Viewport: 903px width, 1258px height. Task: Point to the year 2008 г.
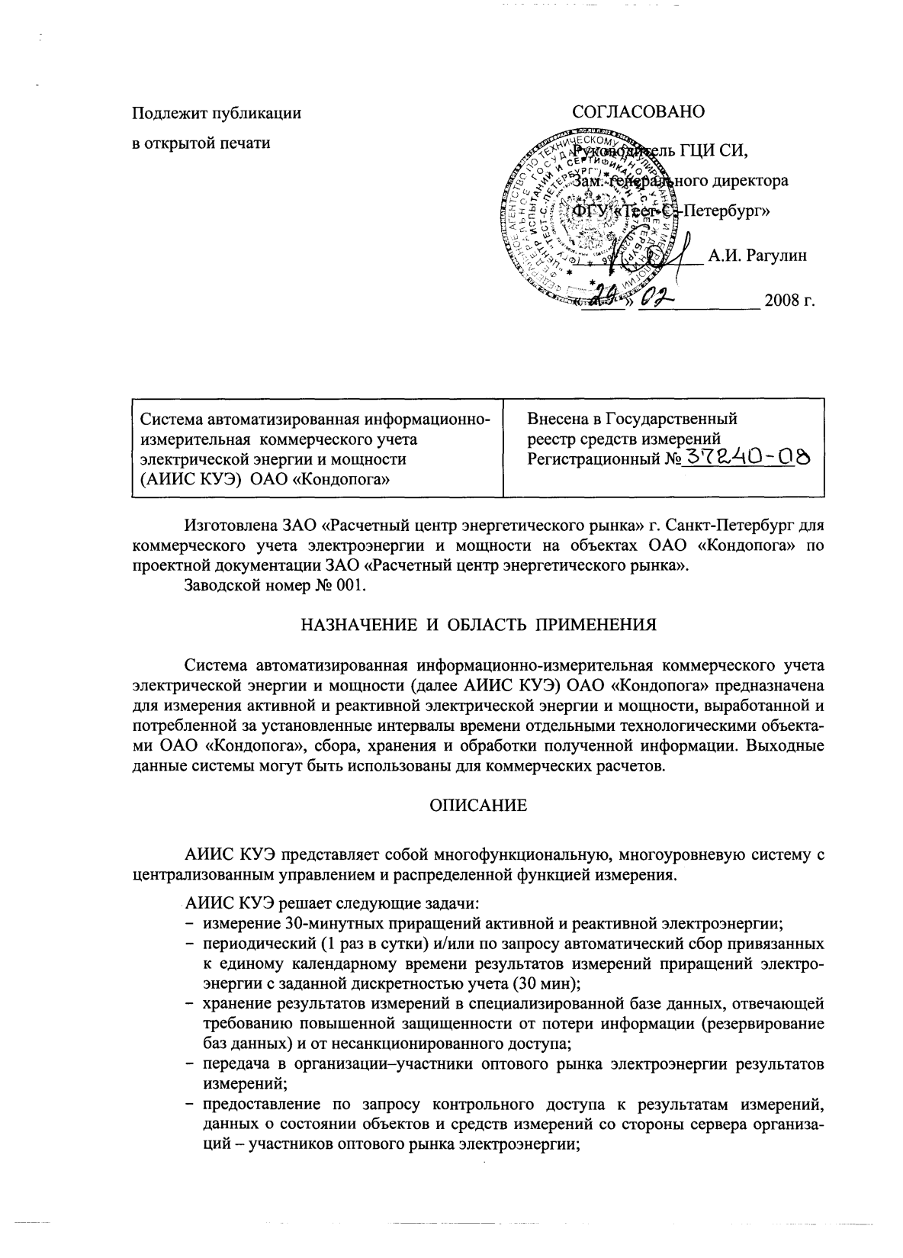click(x=789, y=301)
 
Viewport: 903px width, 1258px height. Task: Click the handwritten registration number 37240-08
click(x=747, y=458)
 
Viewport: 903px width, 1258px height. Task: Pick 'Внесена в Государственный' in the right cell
click(x=632, y=418)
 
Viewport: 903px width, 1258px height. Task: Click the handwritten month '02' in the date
click(x=657, y=298)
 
